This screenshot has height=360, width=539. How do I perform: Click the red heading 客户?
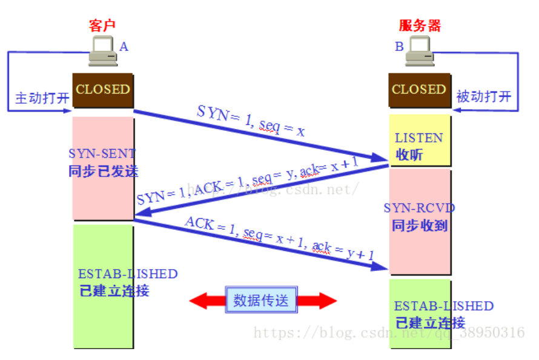pos(101,25)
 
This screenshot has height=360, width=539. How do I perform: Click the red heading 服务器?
pos(420,25)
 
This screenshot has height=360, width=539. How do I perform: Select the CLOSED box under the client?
pos(103,90)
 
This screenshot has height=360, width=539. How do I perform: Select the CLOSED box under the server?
pos(419,90)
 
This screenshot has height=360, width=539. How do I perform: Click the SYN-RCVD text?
pos(419,208)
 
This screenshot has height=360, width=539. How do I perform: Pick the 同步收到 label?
pos(419,225)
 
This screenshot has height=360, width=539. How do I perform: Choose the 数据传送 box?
pos(261,300)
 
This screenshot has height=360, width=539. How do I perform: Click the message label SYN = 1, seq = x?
pos(250,119)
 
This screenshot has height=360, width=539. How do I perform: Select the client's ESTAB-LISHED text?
pos(128,274)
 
